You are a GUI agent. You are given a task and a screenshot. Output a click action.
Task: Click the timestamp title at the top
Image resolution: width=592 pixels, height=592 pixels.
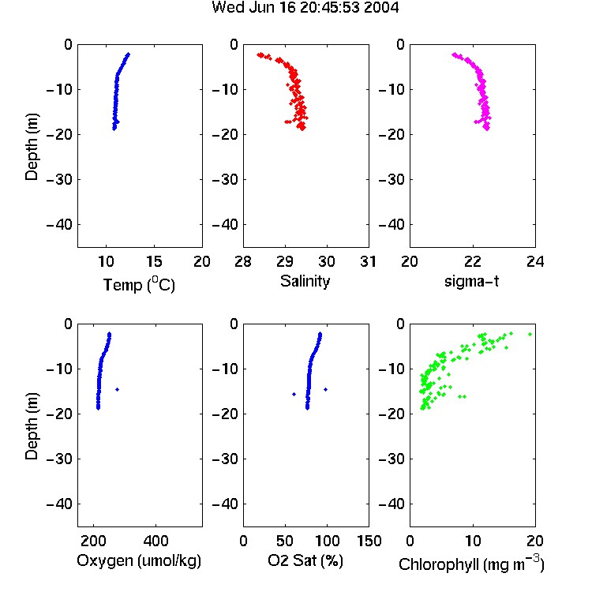coord(305,7)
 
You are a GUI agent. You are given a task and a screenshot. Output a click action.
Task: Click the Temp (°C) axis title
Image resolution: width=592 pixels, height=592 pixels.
coord(139,284)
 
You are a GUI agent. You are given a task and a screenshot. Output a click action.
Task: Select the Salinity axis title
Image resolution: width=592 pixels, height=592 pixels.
coord(305,281)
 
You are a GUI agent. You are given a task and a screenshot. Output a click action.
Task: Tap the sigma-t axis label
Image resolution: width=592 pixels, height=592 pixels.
coord(471,281)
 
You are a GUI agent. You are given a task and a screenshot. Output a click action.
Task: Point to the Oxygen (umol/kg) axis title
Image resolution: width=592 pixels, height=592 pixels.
coord(139,560)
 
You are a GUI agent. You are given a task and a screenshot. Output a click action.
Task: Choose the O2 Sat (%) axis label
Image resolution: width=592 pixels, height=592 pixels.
coord(305,560)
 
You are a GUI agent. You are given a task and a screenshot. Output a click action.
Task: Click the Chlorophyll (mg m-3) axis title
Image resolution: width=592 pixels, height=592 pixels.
coord(471,564)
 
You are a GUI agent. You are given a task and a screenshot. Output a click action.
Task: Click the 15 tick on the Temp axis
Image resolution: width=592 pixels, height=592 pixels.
coord(154,261)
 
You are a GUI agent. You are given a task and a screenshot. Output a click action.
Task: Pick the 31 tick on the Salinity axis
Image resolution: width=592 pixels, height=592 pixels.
coord(368,261)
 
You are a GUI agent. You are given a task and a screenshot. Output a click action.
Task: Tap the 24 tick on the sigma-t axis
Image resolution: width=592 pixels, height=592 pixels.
coord(535,261)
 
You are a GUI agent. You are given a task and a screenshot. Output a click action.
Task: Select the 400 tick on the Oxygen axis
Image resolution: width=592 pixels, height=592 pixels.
coord(155,541)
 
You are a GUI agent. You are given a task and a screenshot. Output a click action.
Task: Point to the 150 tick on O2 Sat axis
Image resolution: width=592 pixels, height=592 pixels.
coord(369,541)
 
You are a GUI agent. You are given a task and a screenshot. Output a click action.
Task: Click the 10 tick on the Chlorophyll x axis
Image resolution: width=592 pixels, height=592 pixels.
coord(473,541)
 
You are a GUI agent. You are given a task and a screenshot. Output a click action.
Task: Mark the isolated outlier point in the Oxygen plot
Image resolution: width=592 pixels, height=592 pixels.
coord(118,389)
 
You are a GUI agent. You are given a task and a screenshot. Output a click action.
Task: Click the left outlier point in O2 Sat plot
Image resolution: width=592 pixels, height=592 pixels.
coord(294,394)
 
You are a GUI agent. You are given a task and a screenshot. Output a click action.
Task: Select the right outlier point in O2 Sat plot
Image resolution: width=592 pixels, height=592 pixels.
coord(325,389)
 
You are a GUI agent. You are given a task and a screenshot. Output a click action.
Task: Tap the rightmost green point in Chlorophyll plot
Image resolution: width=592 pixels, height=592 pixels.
coord(530,334)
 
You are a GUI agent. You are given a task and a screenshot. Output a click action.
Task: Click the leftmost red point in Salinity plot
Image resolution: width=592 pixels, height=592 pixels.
coord(259,55)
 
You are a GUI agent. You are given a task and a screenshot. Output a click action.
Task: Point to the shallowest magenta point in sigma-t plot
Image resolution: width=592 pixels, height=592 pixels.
coord(454,54)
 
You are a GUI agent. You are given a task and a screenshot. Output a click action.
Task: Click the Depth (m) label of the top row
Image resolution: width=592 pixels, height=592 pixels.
coord(32,147)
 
